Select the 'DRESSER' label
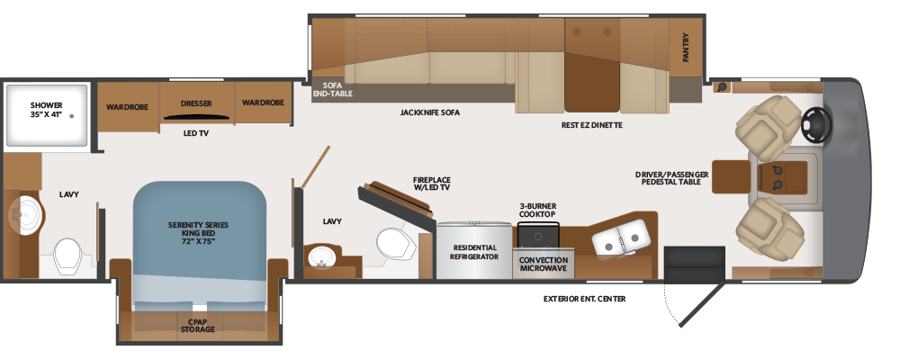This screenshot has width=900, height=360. click(196, 103)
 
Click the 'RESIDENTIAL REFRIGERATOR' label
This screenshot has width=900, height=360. click(474, 251)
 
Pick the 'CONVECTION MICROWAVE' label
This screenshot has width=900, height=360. click(544, 264)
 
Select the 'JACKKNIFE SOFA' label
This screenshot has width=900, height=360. click(431, 114)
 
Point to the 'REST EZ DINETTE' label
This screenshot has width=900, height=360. click(591, 125)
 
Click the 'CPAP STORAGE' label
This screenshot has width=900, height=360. click(197, 325)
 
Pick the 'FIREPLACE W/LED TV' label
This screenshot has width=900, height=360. click(431, 184)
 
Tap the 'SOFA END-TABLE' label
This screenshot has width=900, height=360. click(332, 88)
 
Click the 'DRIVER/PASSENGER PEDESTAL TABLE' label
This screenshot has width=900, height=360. click(671, 178)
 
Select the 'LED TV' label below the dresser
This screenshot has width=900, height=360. click(196, 133)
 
